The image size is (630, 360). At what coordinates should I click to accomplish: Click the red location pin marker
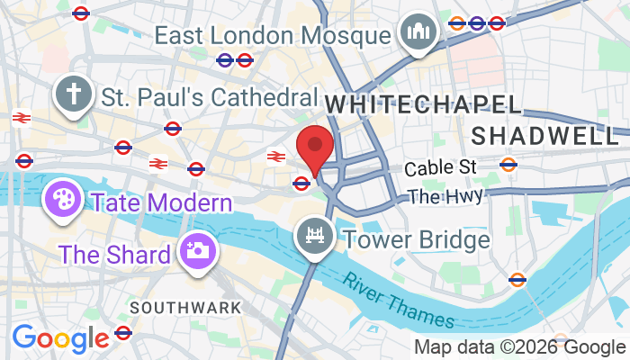point(315,148)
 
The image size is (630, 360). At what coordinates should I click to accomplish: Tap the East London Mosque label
point(274,36)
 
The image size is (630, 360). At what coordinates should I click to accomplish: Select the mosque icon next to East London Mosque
point(418,32)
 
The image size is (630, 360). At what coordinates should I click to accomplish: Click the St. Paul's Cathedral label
point(210,96)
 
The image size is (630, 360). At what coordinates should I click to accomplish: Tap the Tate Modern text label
point(161,200)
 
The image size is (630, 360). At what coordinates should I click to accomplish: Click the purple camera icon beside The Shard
point(194,250)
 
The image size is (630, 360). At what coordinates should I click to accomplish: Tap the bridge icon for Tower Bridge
point(314,236)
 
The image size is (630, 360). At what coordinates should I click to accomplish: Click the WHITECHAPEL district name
point(423,103)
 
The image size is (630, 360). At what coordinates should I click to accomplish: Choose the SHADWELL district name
point(545,135)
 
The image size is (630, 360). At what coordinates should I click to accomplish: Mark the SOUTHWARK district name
point(185,307)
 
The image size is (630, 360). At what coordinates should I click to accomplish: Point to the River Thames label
point(400,295)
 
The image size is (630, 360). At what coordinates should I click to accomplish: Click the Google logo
point(59,338)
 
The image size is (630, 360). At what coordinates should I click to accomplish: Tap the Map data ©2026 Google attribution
point(519,346)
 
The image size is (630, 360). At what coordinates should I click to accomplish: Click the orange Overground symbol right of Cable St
point(508,165)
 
